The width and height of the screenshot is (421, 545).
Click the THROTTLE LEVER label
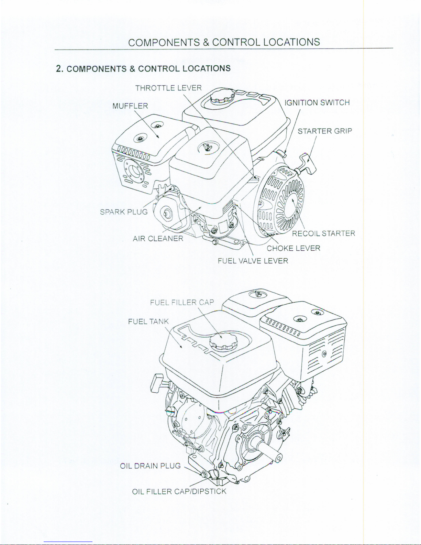168,88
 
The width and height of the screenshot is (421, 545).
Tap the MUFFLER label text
130,106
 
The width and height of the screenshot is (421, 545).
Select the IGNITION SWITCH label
317,102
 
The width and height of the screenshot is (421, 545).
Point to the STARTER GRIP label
325,131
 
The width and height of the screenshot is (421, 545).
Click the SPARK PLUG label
124,211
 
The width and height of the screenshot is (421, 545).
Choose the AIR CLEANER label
158,238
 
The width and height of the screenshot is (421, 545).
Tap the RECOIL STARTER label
323,234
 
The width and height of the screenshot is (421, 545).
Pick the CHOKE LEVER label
293,248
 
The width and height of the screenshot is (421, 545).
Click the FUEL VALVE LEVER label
253,261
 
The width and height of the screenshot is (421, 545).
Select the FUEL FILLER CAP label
182,303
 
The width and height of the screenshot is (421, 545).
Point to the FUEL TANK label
148,321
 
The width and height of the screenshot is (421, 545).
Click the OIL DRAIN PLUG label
150,466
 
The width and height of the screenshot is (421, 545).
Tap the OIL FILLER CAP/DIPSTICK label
179,491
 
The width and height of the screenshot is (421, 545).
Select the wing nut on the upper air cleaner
208,148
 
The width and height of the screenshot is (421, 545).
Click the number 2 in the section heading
59,69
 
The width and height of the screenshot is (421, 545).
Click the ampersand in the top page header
206,42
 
